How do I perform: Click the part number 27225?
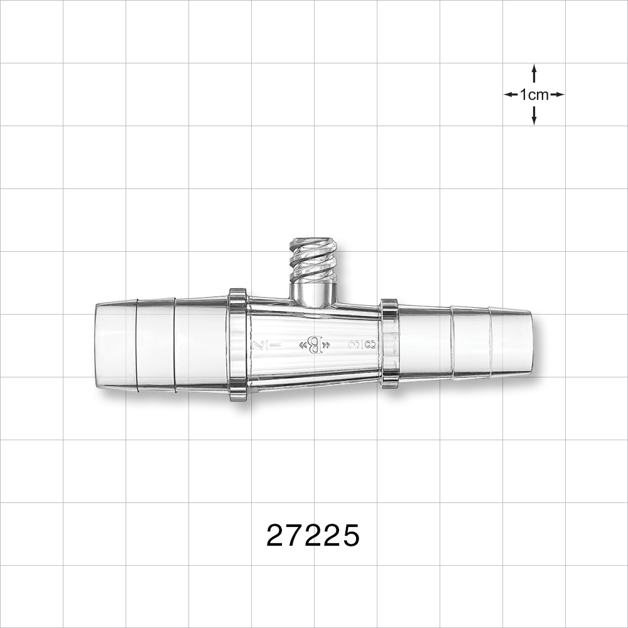coord(313,536)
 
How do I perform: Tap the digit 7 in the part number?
coord(295,536)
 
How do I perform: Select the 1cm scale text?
coord(534,95)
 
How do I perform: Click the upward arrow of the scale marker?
coord(534,73)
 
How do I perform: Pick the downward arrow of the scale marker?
coord(534,116)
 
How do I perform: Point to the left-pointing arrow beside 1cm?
coord(511,95)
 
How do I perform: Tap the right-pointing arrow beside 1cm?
coord(557,95)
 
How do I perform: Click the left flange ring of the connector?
coord(238,345)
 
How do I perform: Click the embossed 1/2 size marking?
coord(259,345)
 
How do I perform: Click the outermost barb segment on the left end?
coord(116,345)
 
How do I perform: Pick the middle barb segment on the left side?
coord(156,345)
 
